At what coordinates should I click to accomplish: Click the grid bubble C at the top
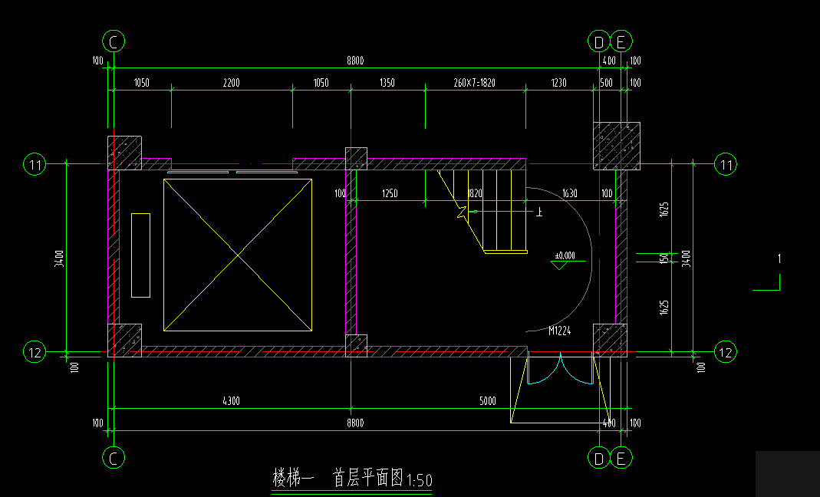click(114, 41)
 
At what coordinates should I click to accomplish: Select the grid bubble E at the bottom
click(621, 458)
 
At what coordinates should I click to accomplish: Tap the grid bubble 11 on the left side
click(35, 164)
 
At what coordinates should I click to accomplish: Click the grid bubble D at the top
click(599, 41)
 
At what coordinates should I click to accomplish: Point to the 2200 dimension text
click(232, 83)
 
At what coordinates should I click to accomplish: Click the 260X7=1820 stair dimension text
click(475, 83)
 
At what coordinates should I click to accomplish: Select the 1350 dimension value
click(387, 83)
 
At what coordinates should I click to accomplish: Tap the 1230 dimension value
click(558, 83)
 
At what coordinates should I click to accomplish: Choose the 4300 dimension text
click(232, 400)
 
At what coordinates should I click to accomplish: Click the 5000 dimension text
click(487, 400)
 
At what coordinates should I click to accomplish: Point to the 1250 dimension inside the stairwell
click(389, 194)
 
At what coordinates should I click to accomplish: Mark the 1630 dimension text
click(569, 194)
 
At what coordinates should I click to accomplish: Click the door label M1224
click(559, 331)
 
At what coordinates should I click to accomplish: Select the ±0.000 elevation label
click(565, 255)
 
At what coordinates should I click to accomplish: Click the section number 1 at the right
click(779, 259)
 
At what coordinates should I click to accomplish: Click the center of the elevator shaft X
click(238, 255)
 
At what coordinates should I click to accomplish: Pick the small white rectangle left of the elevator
click(140, 255)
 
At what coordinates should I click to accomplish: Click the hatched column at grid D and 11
click(616, 145)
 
